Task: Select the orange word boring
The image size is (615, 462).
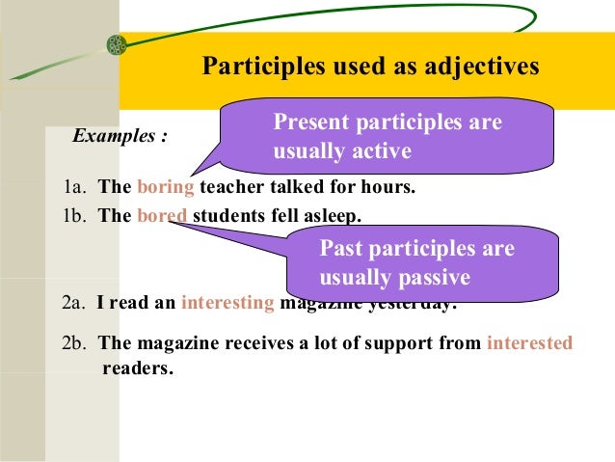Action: pyautogui.click(x=166, y=187)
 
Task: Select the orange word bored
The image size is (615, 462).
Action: pyautogui.click(x=162, y=216)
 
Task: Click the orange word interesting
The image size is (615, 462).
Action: pyautogui.click(x=228, y=302)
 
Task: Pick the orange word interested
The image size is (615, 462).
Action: pyautogui.click(x=529, y=342)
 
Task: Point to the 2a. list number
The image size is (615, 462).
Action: pyautogui.click(x=74, y=302)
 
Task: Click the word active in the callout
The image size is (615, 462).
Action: pyautogui.click(x=381, y=151)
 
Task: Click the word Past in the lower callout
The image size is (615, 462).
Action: pyautogui.click(x=339, y=249)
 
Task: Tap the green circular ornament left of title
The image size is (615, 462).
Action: pyautogui.click(x=116, y=44)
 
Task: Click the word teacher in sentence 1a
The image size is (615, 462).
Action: pyautogui.click(x=230, y=187)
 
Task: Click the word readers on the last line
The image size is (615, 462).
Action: pyautogui.click(x=137, y=367)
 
